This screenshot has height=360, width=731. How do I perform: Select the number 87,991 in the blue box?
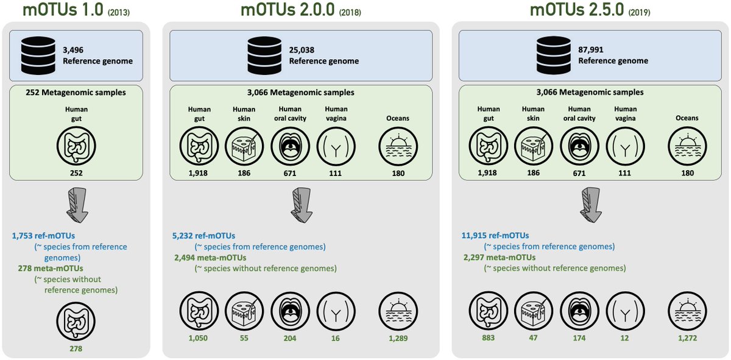coord(592,51)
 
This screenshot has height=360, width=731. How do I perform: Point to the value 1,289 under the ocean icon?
coord(393,338)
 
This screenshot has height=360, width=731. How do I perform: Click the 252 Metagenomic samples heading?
coord(77,93)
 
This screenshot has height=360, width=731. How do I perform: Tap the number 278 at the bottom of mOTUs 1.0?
coord(77,348)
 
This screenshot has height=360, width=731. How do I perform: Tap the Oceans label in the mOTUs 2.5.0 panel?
coord(686,118)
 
